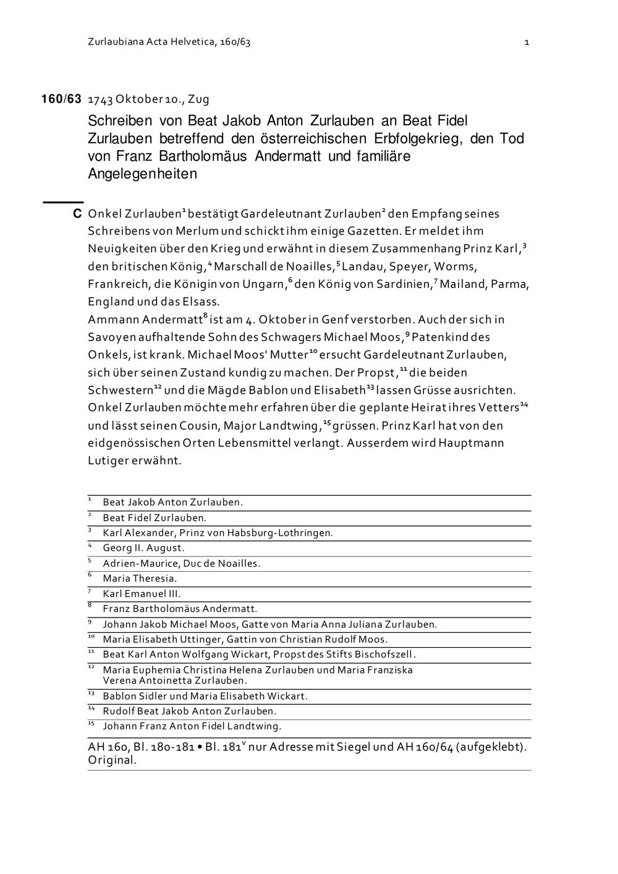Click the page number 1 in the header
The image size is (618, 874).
click(x=527, y=43)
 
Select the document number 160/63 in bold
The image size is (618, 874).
click(x=61, y=99)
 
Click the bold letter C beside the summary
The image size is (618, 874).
click(x=77, y=214)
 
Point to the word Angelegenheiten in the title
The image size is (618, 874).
click(x=142, y=174)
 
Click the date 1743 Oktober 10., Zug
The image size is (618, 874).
click(x=148, y=99)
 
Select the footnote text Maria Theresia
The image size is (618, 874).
click(x=140, y=579)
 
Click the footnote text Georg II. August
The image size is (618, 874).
click(x=143, y=548)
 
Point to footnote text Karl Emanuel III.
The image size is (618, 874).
click(x=142, y=594)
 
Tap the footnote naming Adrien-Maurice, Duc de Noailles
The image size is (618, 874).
click(x=181, y=563)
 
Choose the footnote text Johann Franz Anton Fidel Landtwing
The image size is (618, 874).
click(x=192, y=726)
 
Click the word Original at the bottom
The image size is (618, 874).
click(x=111, y=760)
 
